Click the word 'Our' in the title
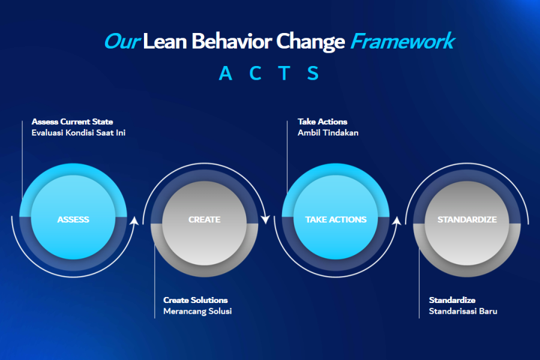pos(122,41)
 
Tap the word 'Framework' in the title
pos(403,41)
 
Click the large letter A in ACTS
pos(226,73)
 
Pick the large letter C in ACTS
pos(255,73)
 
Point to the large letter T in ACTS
pos(284,73)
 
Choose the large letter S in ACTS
pos(313,73)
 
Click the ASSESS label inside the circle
pos(73,220)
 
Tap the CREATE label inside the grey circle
pos(204,220)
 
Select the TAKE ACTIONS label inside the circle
pos(336,220)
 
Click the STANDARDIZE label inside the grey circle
pos(467,220)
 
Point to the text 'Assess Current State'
pos(73,122)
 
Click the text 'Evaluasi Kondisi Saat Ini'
pos(79,133)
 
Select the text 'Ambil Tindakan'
pos(328,133)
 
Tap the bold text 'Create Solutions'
pos(195,300)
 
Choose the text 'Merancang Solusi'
pos(197,311)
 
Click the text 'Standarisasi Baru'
pos(463,311)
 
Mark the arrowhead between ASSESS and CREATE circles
pos(134,220)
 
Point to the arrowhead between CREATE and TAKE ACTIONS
pos(266,219)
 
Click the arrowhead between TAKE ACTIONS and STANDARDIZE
pos(397,220)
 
